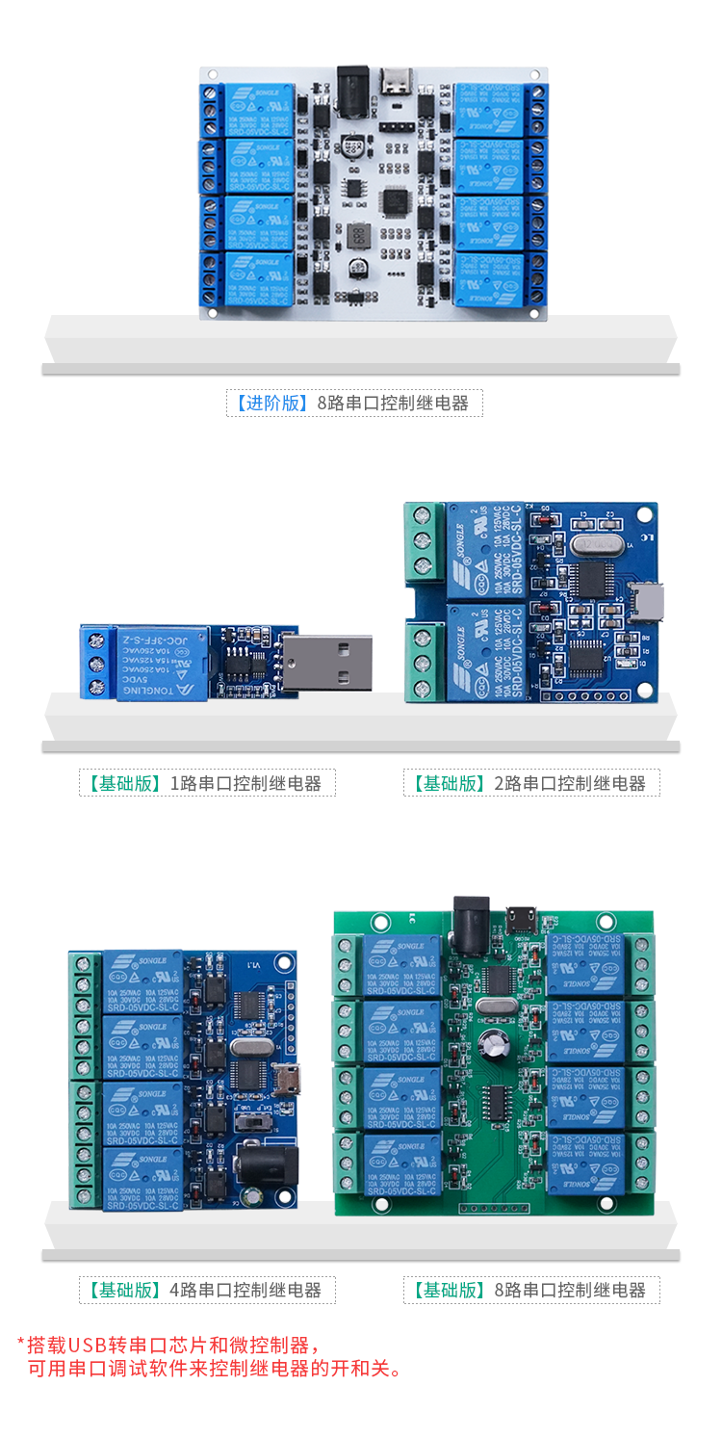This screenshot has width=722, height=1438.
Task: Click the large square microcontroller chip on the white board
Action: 396,202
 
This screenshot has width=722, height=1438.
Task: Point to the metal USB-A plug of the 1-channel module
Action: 326,663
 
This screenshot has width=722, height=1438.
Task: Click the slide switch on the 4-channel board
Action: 254,1124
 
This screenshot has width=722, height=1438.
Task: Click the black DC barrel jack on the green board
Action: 472,914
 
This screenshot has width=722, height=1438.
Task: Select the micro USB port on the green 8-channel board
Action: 524,918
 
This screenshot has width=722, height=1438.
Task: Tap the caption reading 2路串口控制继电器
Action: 569,783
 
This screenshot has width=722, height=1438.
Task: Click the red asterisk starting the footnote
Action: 20,1342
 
